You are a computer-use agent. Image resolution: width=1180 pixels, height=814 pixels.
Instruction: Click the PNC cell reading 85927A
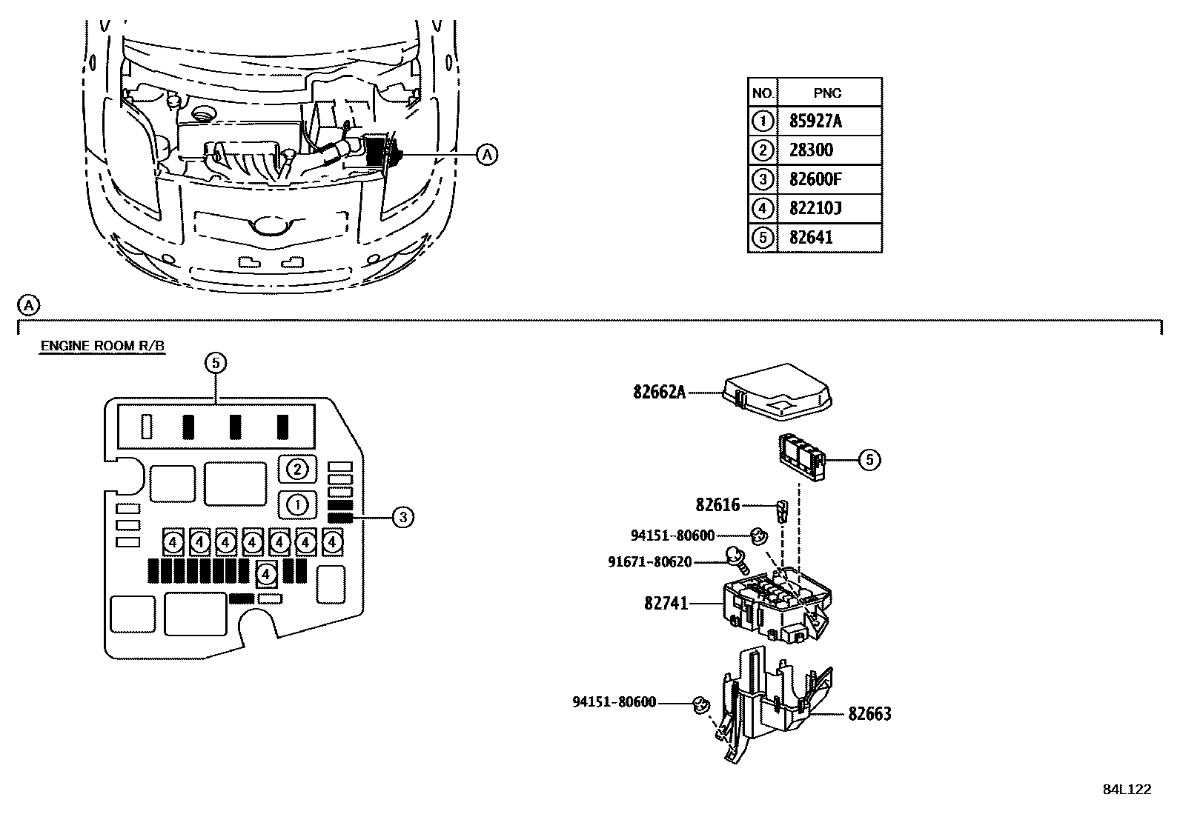pos(829,121)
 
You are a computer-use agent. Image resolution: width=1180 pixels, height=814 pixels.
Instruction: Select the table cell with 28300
pos(829,150)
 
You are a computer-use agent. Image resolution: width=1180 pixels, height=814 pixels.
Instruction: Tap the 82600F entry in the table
pos(829,179)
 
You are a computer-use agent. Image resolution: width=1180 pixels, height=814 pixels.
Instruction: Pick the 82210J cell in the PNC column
pos(829,209)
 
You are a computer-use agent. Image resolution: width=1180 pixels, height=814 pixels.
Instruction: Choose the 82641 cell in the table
pos(829,238)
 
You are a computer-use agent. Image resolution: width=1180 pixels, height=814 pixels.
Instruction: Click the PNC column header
pos(829,93)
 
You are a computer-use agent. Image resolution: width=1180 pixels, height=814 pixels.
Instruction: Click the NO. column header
pos(762,93)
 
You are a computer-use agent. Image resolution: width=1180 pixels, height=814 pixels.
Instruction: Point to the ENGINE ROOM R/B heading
pos(103,346)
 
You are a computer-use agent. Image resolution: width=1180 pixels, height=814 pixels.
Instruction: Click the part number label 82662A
pos(660,393)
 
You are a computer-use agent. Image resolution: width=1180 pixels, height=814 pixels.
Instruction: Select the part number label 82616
pos(717,505)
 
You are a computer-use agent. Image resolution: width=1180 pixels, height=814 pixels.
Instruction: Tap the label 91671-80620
pos(649,561)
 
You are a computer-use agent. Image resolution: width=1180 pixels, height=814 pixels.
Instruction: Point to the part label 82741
pos(666,603)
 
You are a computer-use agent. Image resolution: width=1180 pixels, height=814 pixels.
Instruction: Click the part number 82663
pos(869,714)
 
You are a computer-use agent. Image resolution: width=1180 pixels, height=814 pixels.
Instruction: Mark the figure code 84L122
pos(1127,790)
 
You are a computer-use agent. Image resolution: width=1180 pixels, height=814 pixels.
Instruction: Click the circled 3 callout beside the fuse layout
pos(403,518)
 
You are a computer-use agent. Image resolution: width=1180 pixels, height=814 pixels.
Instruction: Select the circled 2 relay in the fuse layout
pos(298,469)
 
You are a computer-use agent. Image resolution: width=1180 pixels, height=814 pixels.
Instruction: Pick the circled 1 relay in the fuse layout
pos(298,505)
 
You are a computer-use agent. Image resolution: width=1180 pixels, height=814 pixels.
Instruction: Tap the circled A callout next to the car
pos(487,155)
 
